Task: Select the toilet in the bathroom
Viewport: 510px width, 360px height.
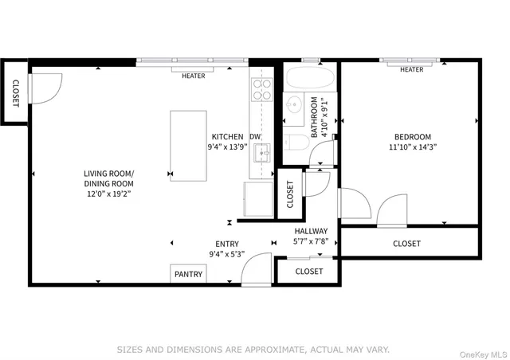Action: click(x=296, y=144)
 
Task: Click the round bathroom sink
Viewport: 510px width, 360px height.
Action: click(x=293, y=104)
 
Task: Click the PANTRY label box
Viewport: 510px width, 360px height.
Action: click(x=189, y=274)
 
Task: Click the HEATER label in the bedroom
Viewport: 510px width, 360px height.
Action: click(x=411, y=70)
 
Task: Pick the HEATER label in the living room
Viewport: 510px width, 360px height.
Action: click(x=193, y=76)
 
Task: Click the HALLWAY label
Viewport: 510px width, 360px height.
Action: click(x=310, y=231)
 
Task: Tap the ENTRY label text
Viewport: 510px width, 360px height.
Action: click(x=226, y=244)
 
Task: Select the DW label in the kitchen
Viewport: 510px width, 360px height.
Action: click(x=255, y=136)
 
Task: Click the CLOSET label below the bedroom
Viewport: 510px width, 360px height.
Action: click(x=406, y=244)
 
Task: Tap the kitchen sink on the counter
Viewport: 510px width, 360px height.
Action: click(x=264, y=151)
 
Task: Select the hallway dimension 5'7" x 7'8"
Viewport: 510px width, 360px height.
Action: click(x=310, y=241)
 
